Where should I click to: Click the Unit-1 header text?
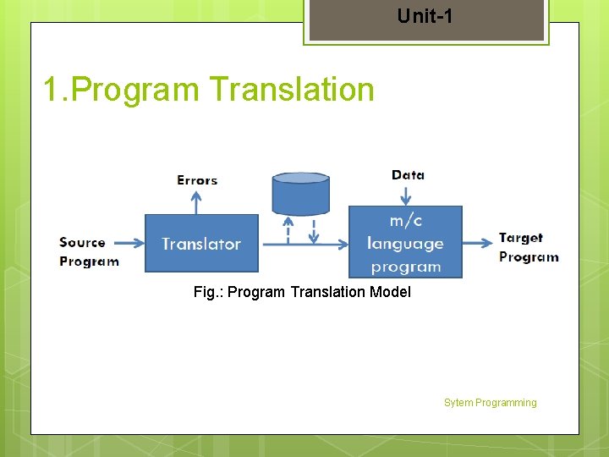[x=425, y=15]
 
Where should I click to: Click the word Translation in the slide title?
[x=291, y=89]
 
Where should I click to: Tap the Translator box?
[x=201, y=244]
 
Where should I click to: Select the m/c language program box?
[x=405, y=243]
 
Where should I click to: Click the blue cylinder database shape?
[x=300, y=194]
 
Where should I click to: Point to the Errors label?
[x=197, y=180]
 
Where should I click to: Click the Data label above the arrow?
[x=408, y=175]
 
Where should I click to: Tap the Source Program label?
[x=88, y=251]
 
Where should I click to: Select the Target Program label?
[x=528, y=247]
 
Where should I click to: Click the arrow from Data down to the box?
[x=407, y=195]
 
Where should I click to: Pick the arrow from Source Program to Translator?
[x=132, y=244]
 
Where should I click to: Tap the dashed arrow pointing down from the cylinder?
[x=314, y=229]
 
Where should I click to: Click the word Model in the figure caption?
[x=391, y=292]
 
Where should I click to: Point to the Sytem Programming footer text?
[x=490, y=403]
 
